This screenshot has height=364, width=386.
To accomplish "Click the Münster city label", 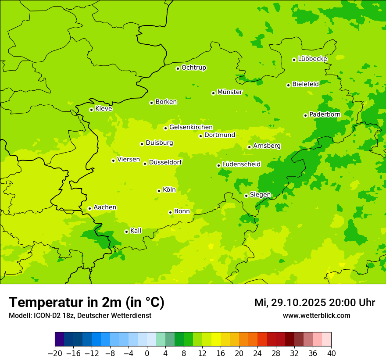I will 229,92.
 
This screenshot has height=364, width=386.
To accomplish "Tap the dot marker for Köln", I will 159,191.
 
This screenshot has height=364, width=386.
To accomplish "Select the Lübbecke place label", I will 312,59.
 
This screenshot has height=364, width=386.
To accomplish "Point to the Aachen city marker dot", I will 89,208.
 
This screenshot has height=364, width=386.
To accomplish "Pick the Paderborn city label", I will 325,114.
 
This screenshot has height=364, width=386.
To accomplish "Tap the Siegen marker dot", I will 246,196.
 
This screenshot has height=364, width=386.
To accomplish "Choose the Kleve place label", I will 104,109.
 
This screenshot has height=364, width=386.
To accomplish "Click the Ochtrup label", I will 193,68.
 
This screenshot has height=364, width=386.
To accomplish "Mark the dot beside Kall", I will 126,232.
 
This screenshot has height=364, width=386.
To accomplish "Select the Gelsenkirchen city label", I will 191,127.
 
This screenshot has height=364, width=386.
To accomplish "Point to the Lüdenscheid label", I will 241,164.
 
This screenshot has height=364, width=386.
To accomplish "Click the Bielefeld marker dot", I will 288,85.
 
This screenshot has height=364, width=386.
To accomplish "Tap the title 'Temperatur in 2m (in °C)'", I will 86,303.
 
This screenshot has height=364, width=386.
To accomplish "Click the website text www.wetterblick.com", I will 316,316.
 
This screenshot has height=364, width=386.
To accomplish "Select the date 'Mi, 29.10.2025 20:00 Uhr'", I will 315,303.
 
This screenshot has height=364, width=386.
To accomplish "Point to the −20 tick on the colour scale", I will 55,353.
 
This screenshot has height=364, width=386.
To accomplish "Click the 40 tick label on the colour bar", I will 331,353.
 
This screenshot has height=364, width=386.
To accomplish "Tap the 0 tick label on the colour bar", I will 147,353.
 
